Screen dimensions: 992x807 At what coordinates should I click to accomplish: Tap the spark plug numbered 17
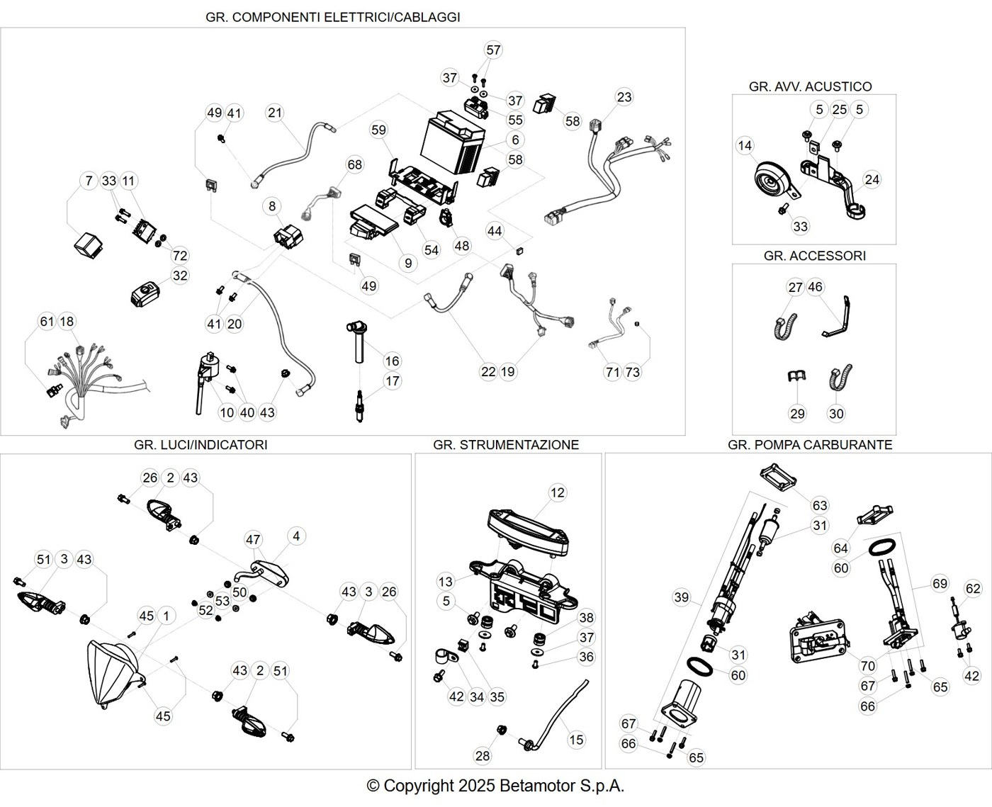click(x=359, y=405)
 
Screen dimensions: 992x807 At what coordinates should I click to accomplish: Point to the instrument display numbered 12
click(x=529, y=532)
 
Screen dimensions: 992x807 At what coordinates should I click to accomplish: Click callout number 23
click(x=624, y=97)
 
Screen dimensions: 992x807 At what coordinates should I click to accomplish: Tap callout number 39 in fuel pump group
click(x=682, y=597)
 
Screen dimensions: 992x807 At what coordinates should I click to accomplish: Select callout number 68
click(x=354, y=164)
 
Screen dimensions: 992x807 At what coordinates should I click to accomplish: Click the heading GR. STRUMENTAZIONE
click(x=506, y=445)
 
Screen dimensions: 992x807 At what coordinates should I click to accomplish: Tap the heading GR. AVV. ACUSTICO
click(x=811, y=86)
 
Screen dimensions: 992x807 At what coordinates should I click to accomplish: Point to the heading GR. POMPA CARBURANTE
click(x=810, y=445)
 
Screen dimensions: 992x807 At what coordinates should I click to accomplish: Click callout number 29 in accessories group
click(x=797, y=414)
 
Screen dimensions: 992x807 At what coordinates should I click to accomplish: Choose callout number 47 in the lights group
click(x=253, y=540)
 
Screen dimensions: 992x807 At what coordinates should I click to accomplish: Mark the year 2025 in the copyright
click(x=476, y=786)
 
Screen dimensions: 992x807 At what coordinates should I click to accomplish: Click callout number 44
click(x=494, y=231)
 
